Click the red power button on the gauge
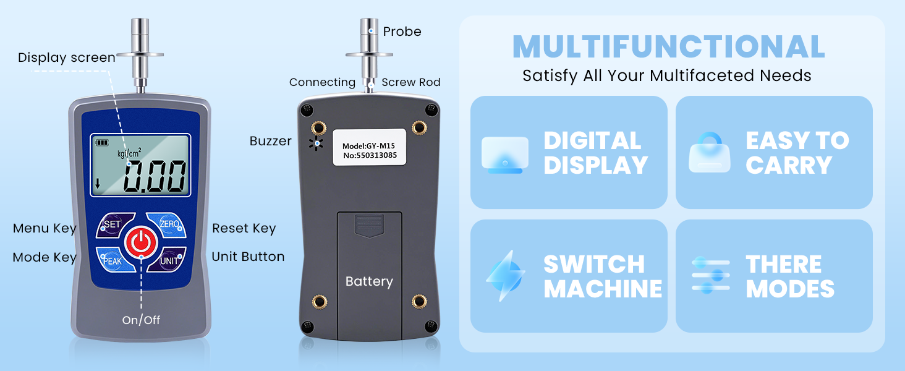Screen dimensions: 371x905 (x=141, y=242)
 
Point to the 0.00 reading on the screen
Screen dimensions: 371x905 (x=155, y=177)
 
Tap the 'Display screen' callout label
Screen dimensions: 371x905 (x=66, y=58)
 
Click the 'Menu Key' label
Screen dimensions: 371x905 (x=45, y=229)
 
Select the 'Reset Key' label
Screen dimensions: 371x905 (x=244, y=229)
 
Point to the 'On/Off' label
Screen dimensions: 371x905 (x=141, y=320)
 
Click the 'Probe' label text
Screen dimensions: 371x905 (x=402, y=32)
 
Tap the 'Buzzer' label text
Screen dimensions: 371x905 (x=270, y=141)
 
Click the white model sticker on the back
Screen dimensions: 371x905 (x=368, y=147)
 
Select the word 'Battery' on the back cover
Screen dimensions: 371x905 (x=369, y=282)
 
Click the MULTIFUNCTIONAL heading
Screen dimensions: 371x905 (x=668, y=47)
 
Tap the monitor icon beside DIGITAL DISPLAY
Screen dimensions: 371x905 (x=505, y=155)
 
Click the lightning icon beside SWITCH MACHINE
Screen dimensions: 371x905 (x=505, y=275)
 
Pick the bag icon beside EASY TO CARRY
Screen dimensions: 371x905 (x=710, y=153)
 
